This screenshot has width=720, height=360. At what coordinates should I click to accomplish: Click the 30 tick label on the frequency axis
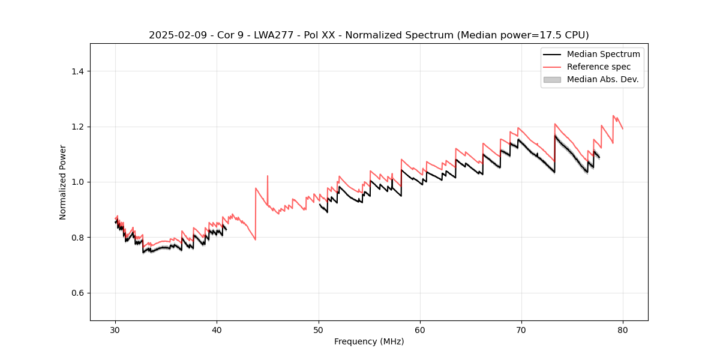click(116, 329)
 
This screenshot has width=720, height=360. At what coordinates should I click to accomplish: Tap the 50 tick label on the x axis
click(319, 329)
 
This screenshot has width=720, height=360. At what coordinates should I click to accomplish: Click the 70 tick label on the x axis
click(521, 329)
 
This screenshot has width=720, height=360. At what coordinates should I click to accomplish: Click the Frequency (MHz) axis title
click(369, 341)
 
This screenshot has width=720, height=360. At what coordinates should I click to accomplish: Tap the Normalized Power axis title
click(63, 182)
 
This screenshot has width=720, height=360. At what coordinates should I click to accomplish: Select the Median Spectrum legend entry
click(603, 54)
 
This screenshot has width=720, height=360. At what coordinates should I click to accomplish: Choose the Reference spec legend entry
click(598, 67)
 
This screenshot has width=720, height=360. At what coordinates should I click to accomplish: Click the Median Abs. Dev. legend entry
click(602, 79)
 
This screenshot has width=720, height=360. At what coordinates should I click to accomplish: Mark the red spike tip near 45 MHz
click(267, 176)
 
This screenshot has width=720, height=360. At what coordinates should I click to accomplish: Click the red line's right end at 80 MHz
click(623, 129)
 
